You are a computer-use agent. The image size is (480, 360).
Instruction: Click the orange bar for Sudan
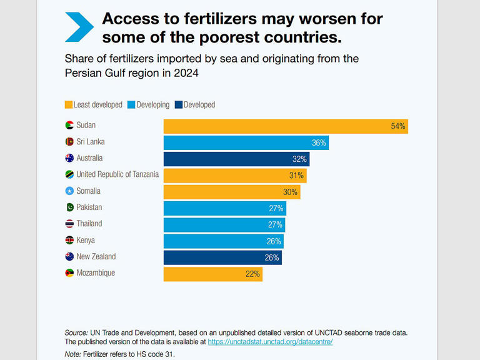coord(285,126)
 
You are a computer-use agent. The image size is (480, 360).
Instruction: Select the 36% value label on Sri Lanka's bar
coord(319,142)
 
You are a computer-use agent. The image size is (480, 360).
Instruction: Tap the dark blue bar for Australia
coord(236,159)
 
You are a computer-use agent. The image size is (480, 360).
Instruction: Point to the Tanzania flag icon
coord(69,174)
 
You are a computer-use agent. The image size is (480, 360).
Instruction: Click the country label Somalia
coord(88,191)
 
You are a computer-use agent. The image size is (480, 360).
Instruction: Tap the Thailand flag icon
coord(69,224)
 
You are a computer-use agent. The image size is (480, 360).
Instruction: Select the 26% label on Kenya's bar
coord(274,241)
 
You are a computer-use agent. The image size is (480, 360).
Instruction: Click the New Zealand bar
coord(222,257)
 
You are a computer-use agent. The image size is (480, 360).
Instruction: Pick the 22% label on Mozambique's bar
coord(252,274)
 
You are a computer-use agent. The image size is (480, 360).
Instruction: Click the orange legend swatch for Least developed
coord(69,105)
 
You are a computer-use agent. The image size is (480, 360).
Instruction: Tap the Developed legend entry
coord(194,105)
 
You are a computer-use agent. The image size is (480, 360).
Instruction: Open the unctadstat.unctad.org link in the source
coord(270,342)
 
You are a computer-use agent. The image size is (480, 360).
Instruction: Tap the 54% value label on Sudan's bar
coord(397,126)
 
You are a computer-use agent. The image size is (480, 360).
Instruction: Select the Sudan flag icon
coord(69,125)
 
